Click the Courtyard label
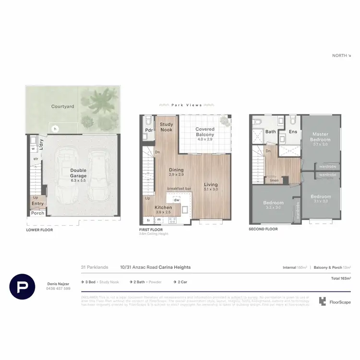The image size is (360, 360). (x=63, y=107)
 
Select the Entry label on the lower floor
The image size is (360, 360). (x=37, y=204)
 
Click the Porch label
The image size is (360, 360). (x=37, y=213)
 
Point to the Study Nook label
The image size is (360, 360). (x=167, y=127)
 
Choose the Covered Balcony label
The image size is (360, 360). (x=205, y=132)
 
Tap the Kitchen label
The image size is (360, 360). (x=163, y=207)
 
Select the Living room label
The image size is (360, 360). (x=211, y=184)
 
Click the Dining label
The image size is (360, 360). (x=176, y=169)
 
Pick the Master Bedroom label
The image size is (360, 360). (x=321, y=136)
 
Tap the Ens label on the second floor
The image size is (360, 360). (x=293, y=132)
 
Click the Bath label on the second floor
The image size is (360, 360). (x=271, y=132)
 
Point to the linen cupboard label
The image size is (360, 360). (x=274, y=180)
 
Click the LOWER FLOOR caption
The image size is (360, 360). (x=39, y=230)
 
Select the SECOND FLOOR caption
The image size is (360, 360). (x=263, y=229)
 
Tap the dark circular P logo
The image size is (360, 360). (x=23, y=286)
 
